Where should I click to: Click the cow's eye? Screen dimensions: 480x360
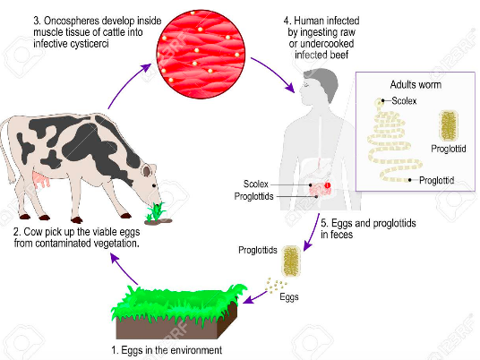click(x=155, y=185)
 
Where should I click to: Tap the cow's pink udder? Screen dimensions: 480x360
click(x=40, y=180)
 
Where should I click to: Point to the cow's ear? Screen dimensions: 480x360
click(x=147, y=170)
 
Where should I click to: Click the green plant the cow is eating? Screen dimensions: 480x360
click(x=156, y=212)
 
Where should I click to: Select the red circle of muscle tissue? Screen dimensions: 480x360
click(x=201, y=55)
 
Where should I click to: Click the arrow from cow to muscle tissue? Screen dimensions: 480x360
click(x=127, y=82)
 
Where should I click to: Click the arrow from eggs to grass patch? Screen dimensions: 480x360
click(x=254, y=297)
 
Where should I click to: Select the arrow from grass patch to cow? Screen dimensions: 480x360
click(x=124, y=269)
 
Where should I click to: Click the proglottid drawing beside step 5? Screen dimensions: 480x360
click(x=291, y=261)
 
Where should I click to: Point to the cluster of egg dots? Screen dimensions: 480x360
click(x=276, y=286)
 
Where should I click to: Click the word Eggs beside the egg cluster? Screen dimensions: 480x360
click(x=289, y=297)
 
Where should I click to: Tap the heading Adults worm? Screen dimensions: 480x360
click(x=416, y=84)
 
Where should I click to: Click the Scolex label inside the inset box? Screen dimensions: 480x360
click(x=404, y=100)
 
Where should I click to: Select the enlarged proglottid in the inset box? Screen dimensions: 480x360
click(x=449, y=125)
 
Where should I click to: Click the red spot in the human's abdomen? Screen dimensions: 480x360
click(x=328, y=185)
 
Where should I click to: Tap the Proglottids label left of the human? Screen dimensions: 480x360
click(x=253, y=196)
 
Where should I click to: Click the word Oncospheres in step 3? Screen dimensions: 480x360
click(x=73, y=21)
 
